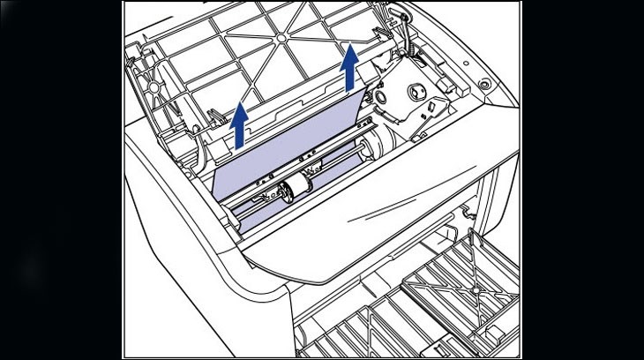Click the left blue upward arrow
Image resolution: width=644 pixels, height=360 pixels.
tap(238, 124)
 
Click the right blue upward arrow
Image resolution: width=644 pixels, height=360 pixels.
tap(351, 66)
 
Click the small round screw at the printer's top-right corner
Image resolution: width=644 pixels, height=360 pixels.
tap(482, 86)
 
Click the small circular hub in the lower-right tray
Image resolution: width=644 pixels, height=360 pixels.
tap(477, 288)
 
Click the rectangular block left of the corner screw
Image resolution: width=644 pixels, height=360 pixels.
tap(446, 83)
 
